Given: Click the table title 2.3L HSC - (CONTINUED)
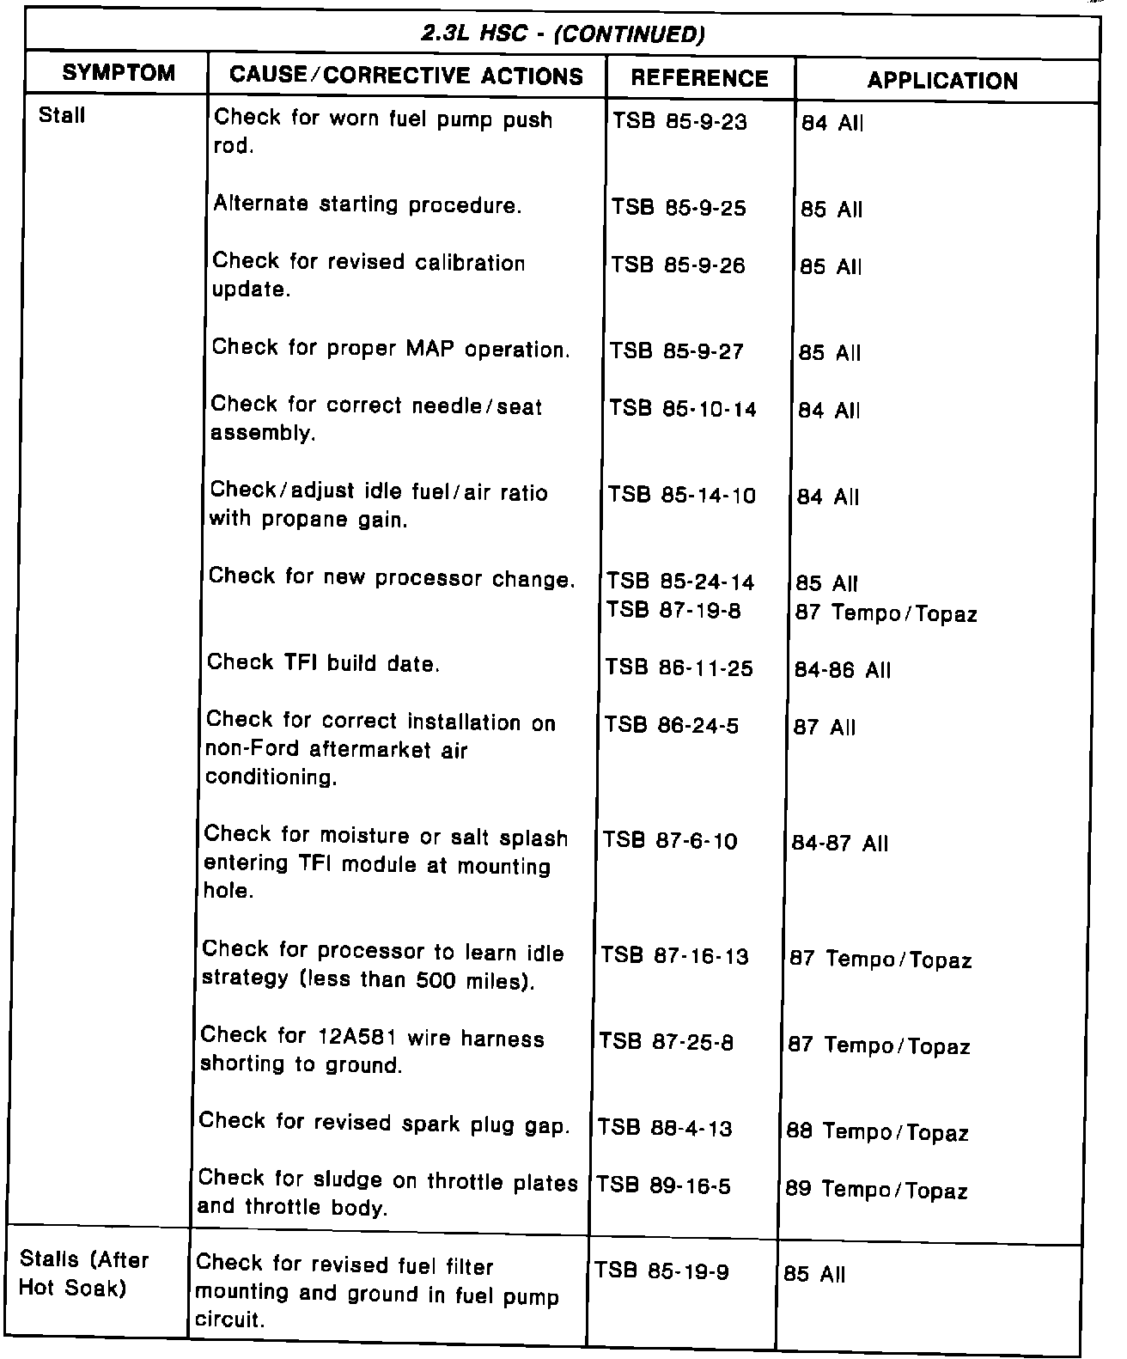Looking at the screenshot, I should click(x=563, y=34).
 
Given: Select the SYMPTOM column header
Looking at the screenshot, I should click(x=119, y=73).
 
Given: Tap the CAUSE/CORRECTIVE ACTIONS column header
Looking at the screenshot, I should click(x=406, y=76).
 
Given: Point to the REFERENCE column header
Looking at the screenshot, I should click(x=699, y=78).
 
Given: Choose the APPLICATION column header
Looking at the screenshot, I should click(x=942, y=81).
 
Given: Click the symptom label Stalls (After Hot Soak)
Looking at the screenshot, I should click(x=84, y=1274).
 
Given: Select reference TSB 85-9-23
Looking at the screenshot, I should click(x=679, y=122).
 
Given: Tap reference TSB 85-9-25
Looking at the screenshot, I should click(x=679, y=209).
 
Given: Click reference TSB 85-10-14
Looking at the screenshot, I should click(x=683, y=409).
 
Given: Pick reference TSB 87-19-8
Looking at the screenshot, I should click(x=673, y=610).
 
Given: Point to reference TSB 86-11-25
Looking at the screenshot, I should click(x=679, y=667).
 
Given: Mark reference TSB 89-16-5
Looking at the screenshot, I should click(x=663, y=1186).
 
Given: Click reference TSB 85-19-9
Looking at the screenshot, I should click(x=661, y=1271).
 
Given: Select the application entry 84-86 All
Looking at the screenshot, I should click(x=843, y=670).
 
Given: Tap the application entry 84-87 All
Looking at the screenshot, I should click(x=839, y=844).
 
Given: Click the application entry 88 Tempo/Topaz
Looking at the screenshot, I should click(x=877, y=1132).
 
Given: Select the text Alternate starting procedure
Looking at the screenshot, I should click(x=367, y=205).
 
